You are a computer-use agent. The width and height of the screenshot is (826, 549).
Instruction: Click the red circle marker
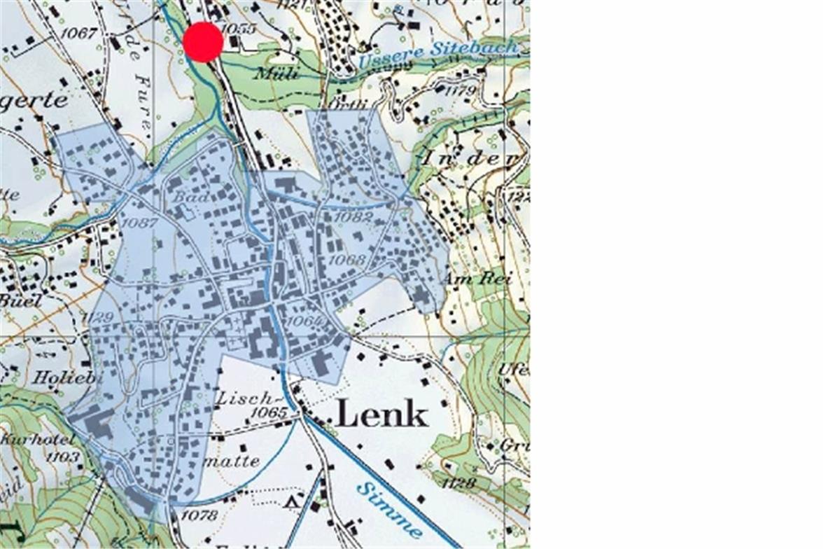click(203, 42)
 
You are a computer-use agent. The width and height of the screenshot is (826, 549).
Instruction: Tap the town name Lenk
click(381, 415)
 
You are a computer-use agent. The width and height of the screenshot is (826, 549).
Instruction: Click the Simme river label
click(389, 509)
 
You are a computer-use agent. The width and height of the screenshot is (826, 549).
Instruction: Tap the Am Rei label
click(477, 279)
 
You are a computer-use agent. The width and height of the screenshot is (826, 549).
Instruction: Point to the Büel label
click(21, 300)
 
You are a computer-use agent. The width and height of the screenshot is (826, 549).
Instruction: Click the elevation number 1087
click(139, 222)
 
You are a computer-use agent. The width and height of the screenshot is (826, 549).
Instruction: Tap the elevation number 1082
click(353, 217)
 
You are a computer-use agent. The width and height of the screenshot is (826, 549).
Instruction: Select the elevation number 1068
click(347, 260)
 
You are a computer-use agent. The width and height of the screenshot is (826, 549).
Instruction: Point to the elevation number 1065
click(269, 413)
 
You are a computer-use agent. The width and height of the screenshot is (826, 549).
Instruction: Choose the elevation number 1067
click(78, 33)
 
